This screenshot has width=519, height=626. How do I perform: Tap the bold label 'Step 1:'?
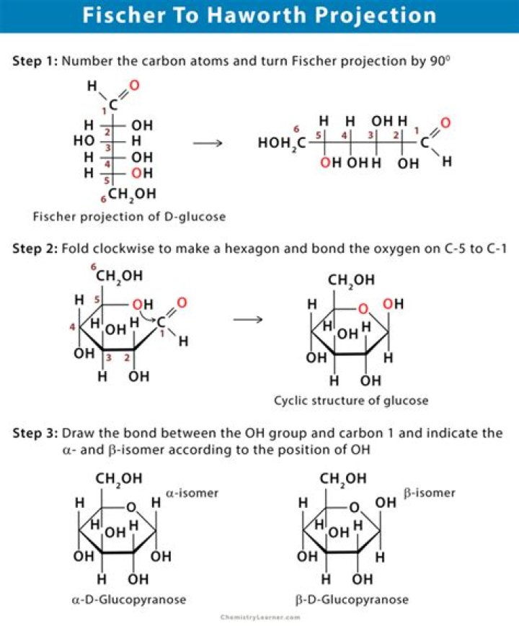pyautogui.click(x=36, y=61)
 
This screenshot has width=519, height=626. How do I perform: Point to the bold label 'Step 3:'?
pyautogui.click(x=36, y=434)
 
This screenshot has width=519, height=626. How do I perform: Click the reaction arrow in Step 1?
pyautogui.click(x=208, y=143)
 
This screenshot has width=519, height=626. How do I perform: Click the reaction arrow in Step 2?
pyautogui.click(x=248, y=318)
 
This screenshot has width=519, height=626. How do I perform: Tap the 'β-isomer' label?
pyautogui.click(x=430, y=493)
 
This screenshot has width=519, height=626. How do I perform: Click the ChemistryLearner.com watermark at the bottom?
pyautogui.click(x=259, y=617)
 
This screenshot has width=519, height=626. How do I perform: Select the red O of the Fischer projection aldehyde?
pyautogui.click(x=133, y=86)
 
